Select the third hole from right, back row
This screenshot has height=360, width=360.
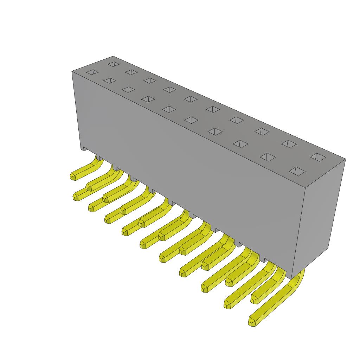[262, 131]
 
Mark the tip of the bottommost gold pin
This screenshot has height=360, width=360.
[252, 322]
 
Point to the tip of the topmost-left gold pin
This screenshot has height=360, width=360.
[73, 176]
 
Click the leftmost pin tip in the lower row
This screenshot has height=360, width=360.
[76, 197]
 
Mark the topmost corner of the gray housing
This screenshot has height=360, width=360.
[113, 56]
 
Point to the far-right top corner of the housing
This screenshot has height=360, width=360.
[345, 159]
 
